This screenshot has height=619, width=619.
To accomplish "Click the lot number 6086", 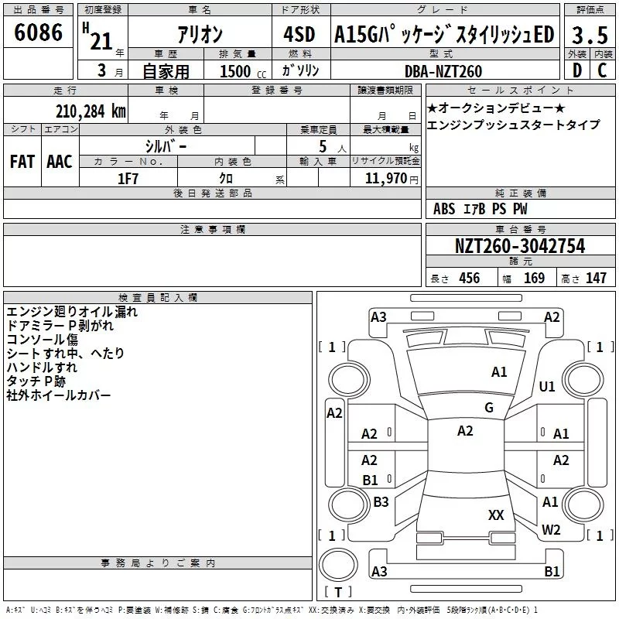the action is (x=38, y=33).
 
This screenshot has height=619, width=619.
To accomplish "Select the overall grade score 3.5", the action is (x=589, y=35).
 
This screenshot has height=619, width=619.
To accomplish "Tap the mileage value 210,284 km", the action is (x=91, y=111).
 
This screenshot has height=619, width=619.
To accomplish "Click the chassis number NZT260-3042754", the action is (x=519, y=247).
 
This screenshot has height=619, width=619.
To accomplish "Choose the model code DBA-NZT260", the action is (x=443, y=71).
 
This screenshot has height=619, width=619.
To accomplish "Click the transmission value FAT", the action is (x=22, y=162).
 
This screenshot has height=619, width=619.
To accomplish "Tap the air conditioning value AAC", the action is (x=60, y=162).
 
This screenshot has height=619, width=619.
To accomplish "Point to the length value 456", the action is (x=469, y=279).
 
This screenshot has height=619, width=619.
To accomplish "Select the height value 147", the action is (x=596, y=279).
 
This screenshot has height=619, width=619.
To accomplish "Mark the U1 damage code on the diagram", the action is (x=547, y=387).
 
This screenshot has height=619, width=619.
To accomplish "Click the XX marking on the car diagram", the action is (x=496, y=515).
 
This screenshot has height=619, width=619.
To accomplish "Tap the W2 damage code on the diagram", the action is (x=551, y=530).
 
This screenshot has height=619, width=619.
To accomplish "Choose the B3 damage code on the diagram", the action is (x=381, y=502).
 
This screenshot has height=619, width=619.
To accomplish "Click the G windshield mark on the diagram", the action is (x=489, y=408).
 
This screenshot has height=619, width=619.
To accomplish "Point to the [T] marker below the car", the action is (x=337, y=593).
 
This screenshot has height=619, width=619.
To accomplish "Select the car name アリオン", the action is (x=200, y=35).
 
